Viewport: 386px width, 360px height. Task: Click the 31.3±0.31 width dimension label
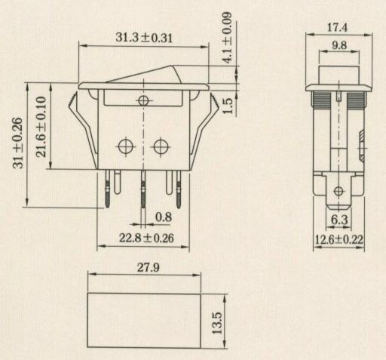[x=144, y=38]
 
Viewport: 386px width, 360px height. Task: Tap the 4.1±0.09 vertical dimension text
[x=228, y=38]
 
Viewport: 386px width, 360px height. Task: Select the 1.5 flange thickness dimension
[x=228, y=106]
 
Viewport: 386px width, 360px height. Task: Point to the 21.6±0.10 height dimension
[x=41, y=127]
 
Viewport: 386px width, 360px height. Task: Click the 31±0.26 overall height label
[x=18, y=143]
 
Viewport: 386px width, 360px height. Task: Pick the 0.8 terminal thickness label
[x=164, y=217]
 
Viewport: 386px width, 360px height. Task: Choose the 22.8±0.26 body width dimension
[x=146, y=238]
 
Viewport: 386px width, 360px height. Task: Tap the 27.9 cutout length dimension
[x=149, y=267]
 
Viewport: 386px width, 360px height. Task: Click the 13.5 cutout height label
[x=217, y=323]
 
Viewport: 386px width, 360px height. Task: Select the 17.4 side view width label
[x=337, y=27]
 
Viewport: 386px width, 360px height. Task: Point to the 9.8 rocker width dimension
[x=339, y=45]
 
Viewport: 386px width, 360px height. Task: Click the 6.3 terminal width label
[x=339, y=220]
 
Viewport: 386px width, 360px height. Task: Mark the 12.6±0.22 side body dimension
[x=339, y=239]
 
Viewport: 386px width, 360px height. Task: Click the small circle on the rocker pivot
[x=143, y=101]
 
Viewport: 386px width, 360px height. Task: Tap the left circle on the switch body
[x=125, y=146]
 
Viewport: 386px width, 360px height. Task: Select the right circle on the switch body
[x=161, y=146]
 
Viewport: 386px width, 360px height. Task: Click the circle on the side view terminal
[x=339, y=191]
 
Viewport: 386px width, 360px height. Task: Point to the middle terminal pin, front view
[x=143, y=189]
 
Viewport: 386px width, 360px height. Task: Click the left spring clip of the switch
[x=83, y=130]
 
